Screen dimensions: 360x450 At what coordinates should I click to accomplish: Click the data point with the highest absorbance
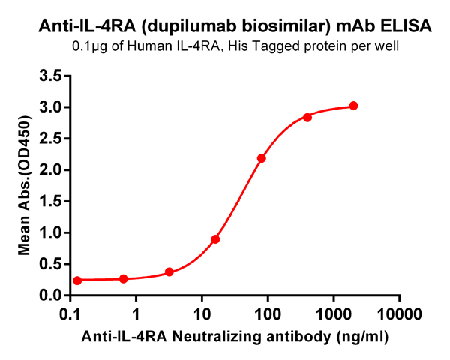[x=353, y=106]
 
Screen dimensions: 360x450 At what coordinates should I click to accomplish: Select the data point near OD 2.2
[x=261, y=158]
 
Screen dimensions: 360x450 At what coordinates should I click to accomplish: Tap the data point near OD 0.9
[x=215, y=239]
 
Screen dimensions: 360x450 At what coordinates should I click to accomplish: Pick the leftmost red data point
[x=77, y=280]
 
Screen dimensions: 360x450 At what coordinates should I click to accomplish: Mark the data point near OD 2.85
[x=307, y=117]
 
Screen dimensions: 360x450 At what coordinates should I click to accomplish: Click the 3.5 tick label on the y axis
[x=50, y=76]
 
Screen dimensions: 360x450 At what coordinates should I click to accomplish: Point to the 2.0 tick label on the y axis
[x=50, y=169]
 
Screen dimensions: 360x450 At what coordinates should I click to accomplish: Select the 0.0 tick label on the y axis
[x=50, y=295]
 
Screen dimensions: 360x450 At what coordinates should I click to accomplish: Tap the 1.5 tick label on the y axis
[x=50, y=201]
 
